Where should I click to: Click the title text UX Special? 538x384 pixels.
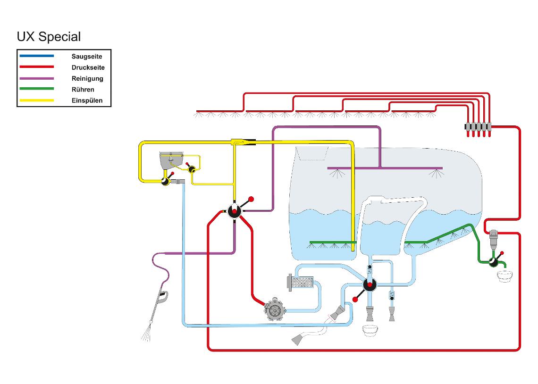pos(49,37)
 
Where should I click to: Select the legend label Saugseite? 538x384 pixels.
pos(87,57)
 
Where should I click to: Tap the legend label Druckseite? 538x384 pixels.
pos(88,67)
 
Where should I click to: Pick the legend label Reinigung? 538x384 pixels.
pos(87,78)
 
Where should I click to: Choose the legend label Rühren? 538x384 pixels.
pos(83,90)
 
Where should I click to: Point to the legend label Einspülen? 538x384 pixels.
pos(87,100)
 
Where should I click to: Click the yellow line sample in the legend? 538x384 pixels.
pos(37,100)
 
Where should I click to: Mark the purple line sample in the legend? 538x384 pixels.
pos(37,78)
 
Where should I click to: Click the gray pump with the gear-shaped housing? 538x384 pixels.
pos(275,309)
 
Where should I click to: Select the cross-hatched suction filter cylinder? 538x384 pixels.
pos(300,283)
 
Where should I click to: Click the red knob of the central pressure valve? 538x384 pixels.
pos(251,199)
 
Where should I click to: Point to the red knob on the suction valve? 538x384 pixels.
pos(355,300)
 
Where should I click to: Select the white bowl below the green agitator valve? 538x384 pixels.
pos(504,276)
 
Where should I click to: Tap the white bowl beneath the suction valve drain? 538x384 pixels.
pos(370,331)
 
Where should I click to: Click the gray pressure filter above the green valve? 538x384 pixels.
pos(493,239)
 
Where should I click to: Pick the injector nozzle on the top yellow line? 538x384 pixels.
pos(243,142)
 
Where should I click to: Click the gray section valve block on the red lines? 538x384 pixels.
pos(478,126)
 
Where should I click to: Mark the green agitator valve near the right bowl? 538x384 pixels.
pos(493,262)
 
